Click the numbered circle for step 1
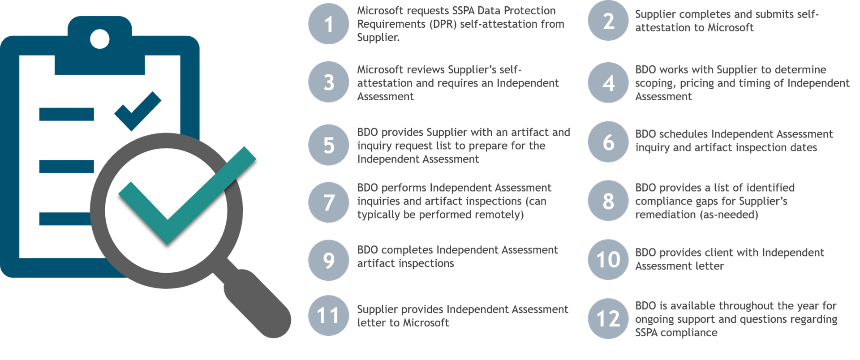click(329, 24)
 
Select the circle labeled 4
click(608, 83)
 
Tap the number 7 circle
click(329, 202)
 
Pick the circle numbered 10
click(608, 260)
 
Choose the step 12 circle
click(608, 319)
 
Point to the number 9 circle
click(329, 260)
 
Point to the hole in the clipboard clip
click(99, 39)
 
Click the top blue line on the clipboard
click(66, 114)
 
